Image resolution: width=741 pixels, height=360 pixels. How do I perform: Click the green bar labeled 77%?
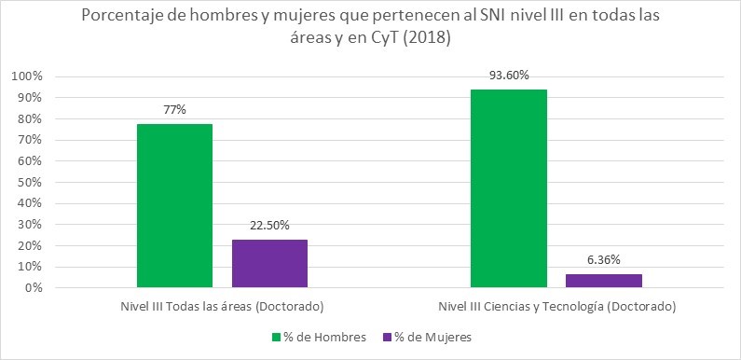coord(174,205)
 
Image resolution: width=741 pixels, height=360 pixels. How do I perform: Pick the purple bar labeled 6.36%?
coord(603,281)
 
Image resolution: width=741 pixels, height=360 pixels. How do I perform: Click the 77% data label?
coord(174,110)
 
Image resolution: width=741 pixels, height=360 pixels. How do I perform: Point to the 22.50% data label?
coord(269,226)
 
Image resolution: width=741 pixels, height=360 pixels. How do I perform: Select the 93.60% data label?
coord(508,75)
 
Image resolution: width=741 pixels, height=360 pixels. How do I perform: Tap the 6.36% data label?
coord(603,259)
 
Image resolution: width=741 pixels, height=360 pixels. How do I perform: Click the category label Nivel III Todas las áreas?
coord(222,306)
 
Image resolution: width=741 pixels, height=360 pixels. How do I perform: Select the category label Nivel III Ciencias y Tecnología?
coord(556,306)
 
